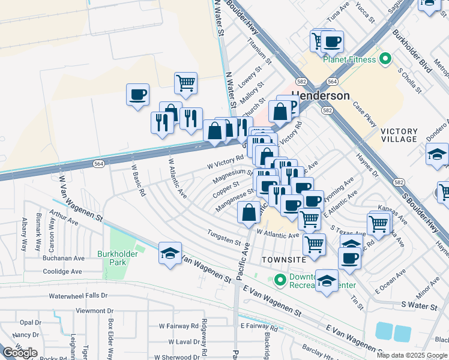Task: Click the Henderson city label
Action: [321, 96]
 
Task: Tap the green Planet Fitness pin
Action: [385, 59]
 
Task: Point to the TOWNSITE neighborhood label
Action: [284, 259]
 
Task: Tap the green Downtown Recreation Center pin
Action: [279, 280]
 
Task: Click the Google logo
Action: [19, 352]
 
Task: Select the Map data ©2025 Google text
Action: [412, 355]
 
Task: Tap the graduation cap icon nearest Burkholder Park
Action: [170, 253]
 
